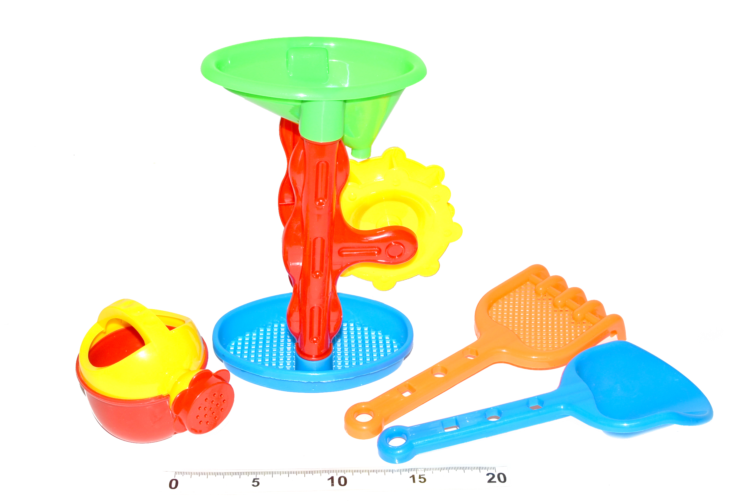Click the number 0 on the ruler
coord(173,484)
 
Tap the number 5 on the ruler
coord(255,482)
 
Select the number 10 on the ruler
coord(337,481)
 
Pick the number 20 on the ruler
coord(496,478)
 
